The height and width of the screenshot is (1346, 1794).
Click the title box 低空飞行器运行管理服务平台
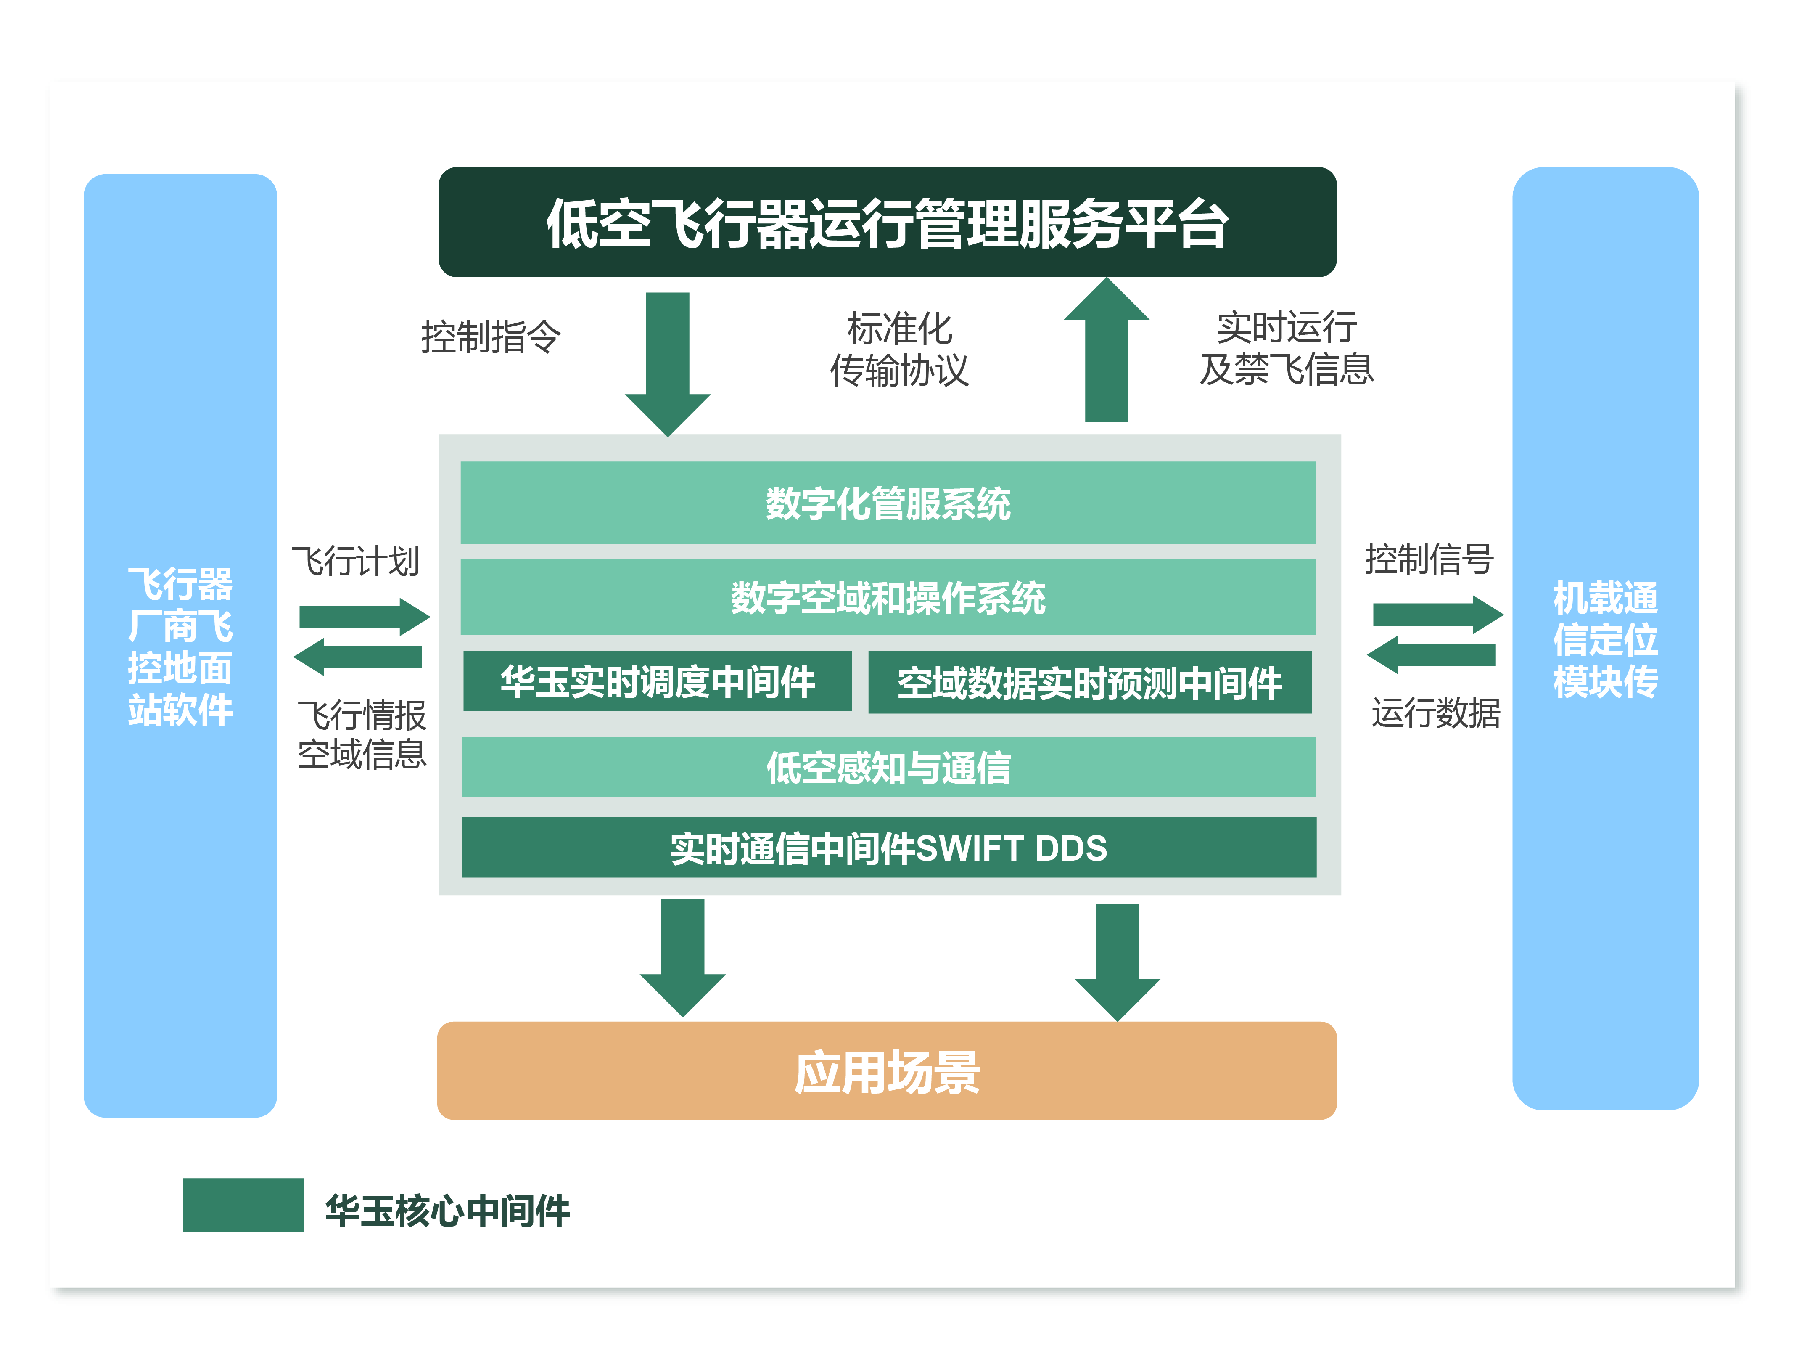[x=887, y=223]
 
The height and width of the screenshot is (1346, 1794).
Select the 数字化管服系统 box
[x=887, y=503]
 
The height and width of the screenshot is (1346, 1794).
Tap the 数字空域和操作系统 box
[x=887, y=597]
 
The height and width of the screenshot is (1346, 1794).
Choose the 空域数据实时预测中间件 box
[x=1089, y=682]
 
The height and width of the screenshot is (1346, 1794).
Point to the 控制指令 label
[x=490, y=336]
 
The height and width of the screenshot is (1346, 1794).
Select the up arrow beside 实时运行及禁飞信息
[x=1106, y=353]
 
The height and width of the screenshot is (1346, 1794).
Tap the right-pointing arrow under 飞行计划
[x=363, y=617]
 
